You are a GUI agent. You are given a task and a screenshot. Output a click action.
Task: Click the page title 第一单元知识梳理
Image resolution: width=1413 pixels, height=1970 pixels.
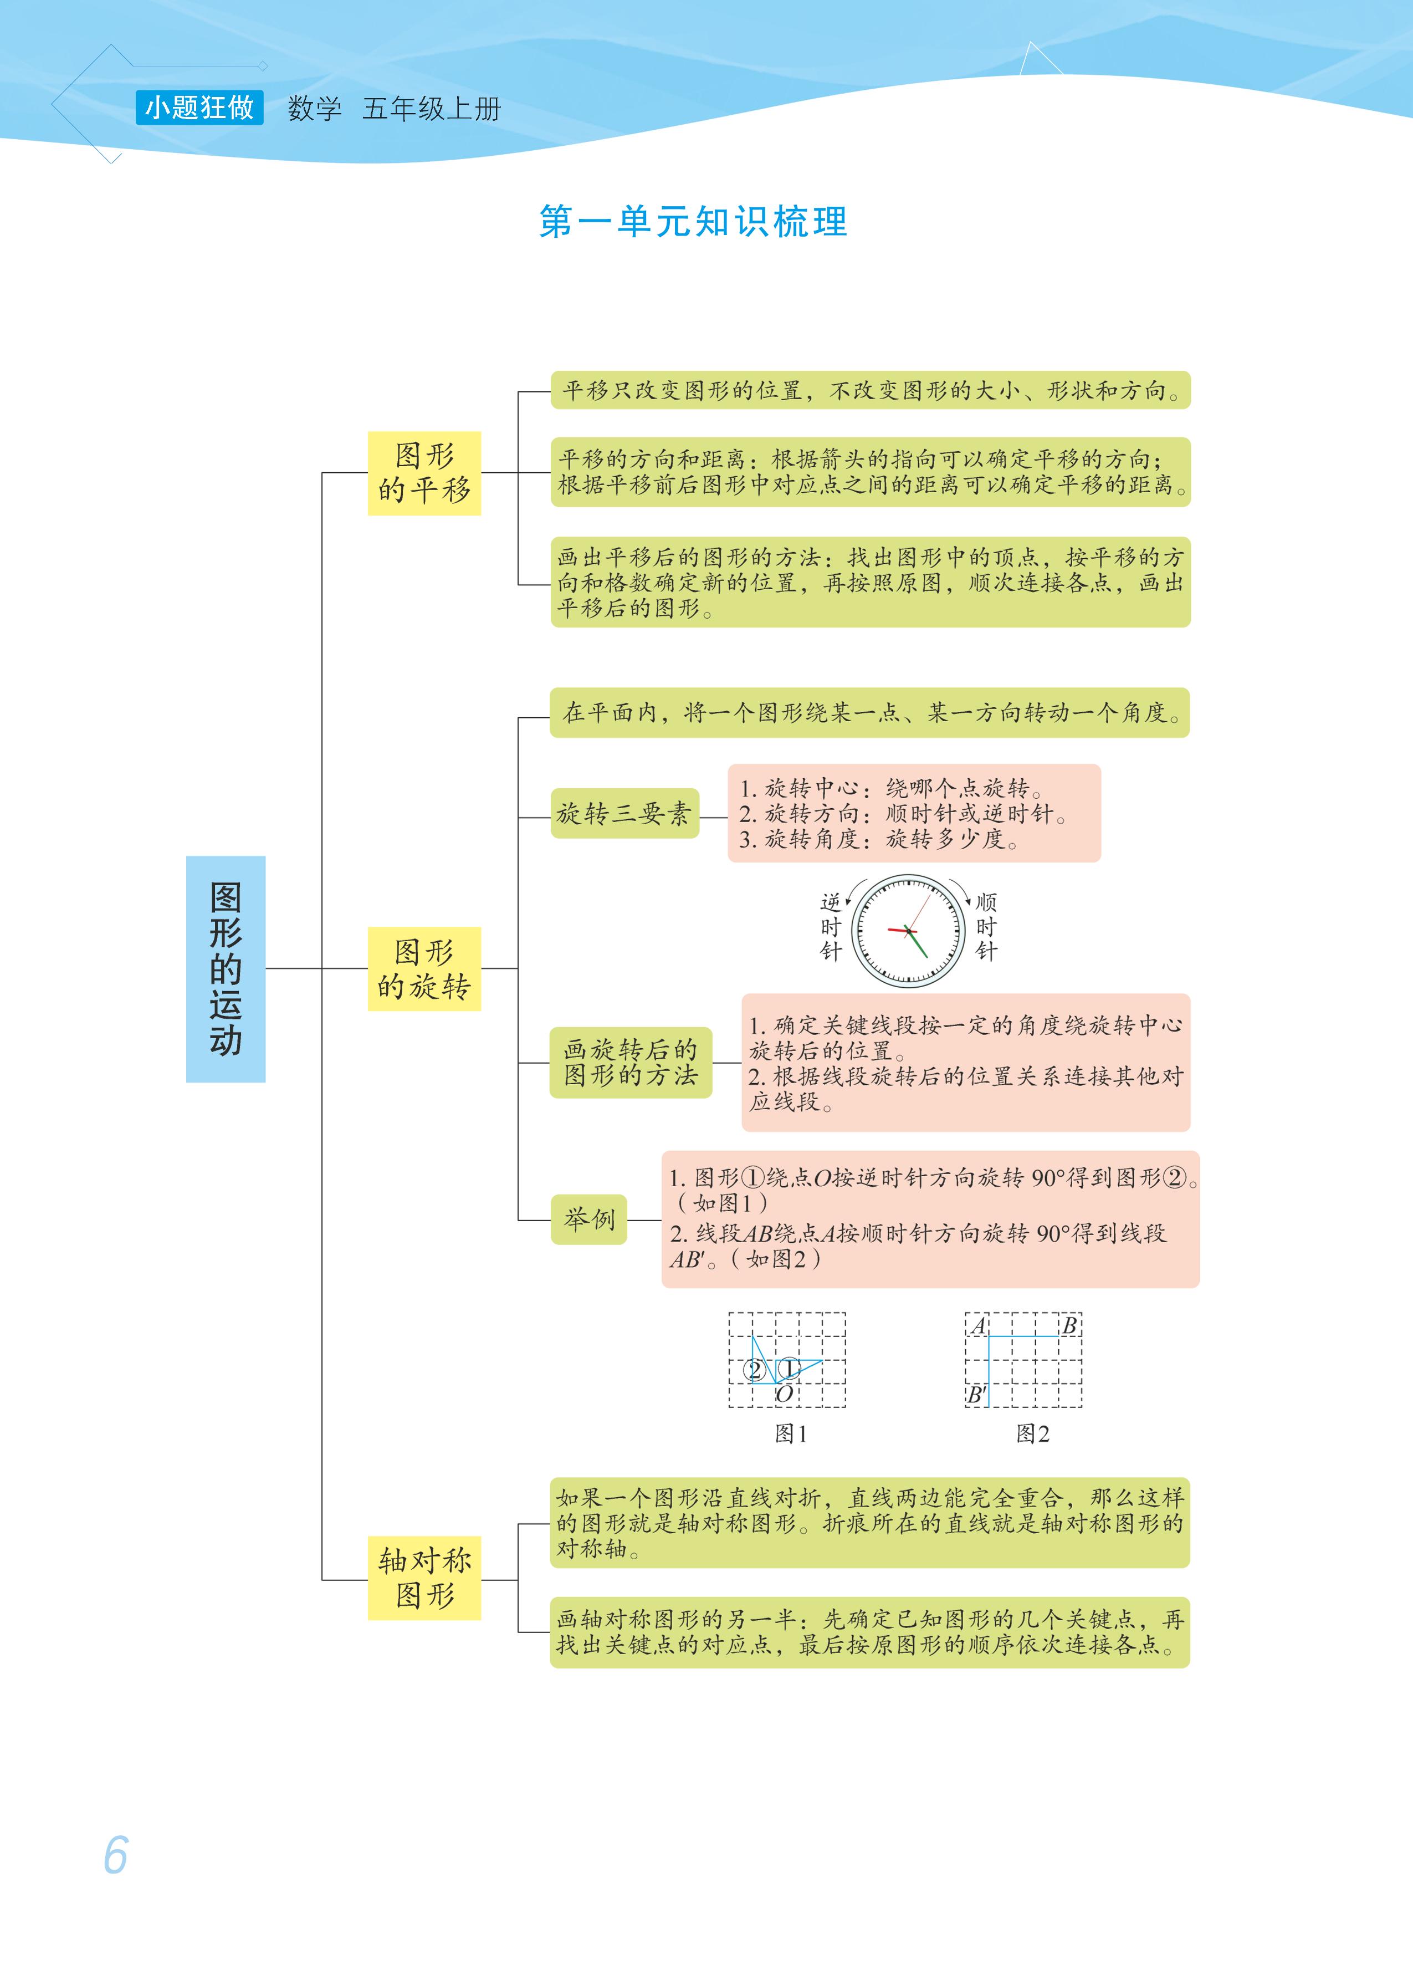coord(693,222)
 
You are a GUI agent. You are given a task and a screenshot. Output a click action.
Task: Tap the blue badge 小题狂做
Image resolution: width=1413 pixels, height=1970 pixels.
coord(199,108)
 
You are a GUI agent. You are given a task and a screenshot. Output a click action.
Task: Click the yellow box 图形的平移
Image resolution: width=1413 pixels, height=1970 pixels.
coord(424,473)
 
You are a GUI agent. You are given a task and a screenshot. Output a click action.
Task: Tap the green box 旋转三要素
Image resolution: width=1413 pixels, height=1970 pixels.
coord(624,814)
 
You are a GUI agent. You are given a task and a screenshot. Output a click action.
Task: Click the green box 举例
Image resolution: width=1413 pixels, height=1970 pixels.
coord(589,1219)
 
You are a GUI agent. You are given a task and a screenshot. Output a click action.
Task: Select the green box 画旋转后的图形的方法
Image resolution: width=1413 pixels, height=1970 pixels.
coord(631,1062)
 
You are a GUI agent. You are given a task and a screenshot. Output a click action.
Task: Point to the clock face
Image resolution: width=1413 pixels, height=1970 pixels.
coord(908,930)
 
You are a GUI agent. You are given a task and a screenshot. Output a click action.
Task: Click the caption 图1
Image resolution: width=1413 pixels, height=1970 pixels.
coord(790,1433)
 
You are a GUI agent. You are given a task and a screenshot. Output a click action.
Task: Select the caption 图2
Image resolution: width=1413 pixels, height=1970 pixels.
coord(1033,1433)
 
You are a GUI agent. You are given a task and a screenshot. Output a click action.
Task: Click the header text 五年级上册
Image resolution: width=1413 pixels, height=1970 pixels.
coord(432,109)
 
